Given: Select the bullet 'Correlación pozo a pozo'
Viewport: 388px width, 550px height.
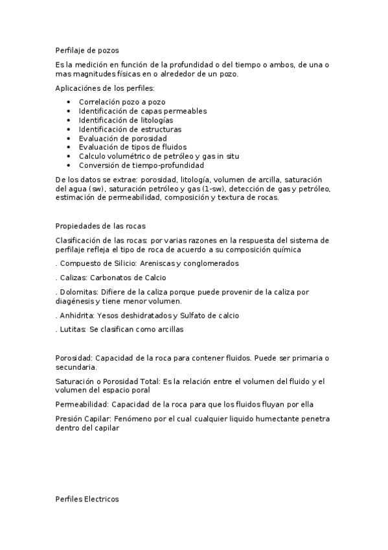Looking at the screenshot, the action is [x=122, y=102].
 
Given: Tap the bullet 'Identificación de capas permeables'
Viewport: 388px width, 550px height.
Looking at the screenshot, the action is [x=143, y=111].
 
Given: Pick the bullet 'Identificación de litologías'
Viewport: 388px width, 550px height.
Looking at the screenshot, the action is [x=126, y=120].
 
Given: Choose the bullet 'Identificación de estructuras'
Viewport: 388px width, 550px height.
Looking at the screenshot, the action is [x=130, y=129].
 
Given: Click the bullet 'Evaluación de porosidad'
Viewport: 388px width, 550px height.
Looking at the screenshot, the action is [x=122, y=138].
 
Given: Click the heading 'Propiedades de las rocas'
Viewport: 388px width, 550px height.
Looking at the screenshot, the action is [x=100, y=226].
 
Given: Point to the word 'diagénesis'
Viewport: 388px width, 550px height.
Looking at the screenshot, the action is [x=75, y=301].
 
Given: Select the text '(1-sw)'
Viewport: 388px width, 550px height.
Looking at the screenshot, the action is [x=214, y=189].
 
